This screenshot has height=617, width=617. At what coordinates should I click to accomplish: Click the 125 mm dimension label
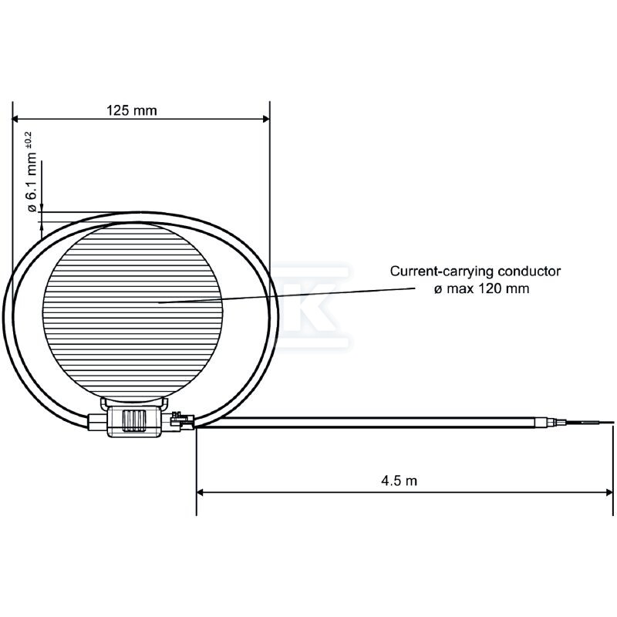(131, 110)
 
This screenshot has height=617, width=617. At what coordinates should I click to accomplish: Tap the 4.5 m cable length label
(399, 480)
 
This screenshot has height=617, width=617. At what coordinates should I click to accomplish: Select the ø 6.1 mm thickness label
(32, 183)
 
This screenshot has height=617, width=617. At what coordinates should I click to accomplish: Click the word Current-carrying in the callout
(442, 271)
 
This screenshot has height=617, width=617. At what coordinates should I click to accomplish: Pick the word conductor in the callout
(529, 271)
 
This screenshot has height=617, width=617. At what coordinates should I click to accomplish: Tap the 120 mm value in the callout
(504, 288)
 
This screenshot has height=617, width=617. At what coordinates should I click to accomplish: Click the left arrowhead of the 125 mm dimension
(16, 119)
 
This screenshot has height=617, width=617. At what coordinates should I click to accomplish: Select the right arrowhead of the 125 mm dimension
(265, 119)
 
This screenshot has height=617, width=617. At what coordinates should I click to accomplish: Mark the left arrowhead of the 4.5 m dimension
(201, 492)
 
